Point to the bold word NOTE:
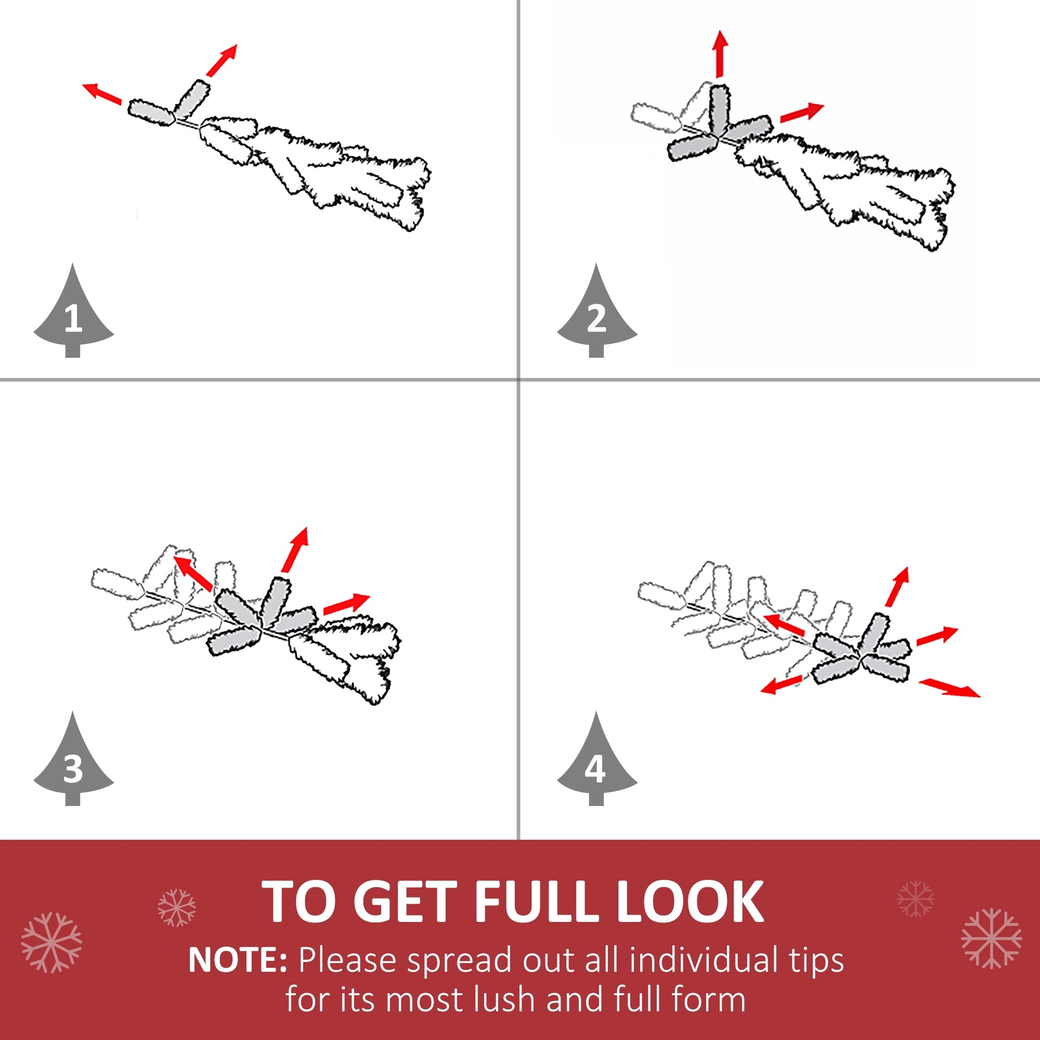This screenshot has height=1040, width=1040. coord(237,960)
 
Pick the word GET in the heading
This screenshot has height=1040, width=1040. coord(405,902)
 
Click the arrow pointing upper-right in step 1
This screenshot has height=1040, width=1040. coord(221,60)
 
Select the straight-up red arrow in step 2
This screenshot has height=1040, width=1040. coord(720,54)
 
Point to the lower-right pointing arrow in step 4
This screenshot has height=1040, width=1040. coord(950,688)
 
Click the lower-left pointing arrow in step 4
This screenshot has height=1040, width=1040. coord(782,685)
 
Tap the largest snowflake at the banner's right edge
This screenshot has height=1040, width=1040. coord(991,938)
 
